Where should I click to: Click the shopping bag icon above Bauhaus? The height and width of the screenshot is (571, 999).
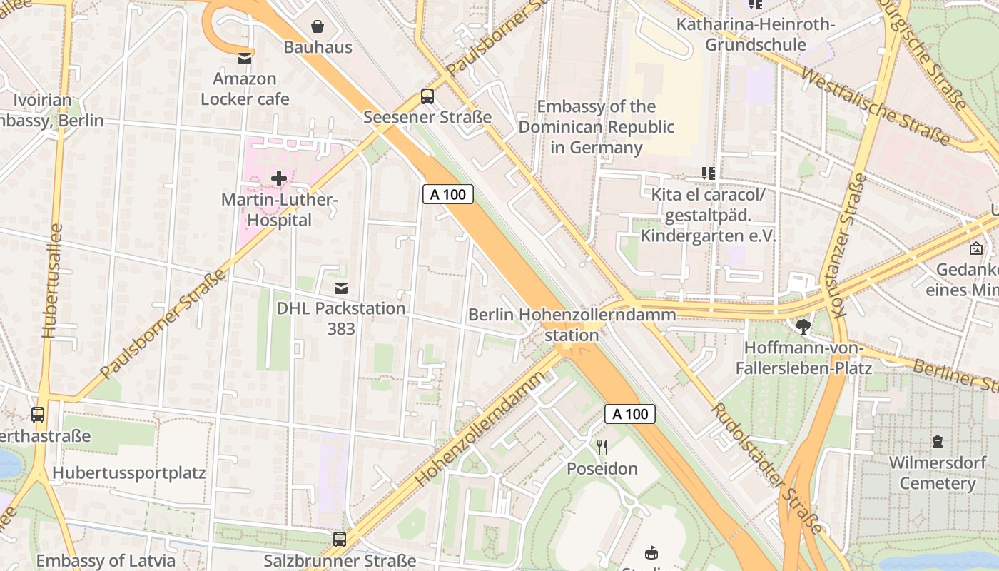(x=318, y=26)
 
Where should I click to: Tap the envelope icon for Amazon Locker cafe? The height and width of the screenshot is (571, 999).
(x=245, y=58)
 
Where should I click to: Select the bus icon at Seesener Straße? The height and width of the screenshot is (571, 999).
(x=427, y=96)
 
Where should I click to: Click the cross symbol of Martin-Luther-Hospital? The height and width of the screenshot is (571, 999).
(x=279, y=178)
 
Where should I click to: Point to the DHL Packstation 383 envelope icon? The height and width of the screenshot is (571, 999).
(x=341, y=288)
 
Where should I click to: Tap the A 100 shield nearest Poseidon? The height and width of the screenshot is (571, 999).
(x=630, y=414)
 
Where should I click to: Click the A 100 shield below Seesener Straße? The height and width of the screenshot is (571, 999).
(x=448, y=194)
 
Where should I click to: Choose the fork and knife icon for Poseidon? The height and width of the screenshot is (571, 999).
(x=602, y=448)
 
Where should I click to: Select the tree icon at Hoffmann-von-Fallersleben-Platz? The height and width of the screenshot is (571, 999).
(x=803, y=327)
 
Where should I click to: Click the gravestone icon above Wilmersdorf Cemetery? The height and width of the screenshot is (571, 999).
(x=937, y=441)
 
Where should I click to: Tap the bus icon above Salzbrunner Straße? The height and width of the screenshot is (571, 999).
(x=340, y=539)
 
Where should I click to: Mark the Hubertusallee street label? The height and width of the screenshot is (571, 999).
(x=53, y=281)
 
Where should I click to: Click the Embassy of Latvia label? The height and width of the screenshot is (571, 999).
(x=106, y=560)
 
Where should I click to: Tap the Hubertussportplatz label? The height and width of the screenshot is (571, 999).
(x=129, y=473)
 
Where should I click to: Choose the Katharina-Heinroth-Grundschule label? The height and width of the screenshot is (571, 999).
(x=756, y=35)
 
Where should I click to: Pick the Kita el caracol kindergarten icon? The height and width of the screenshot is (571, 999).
(x=708, y=173)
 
